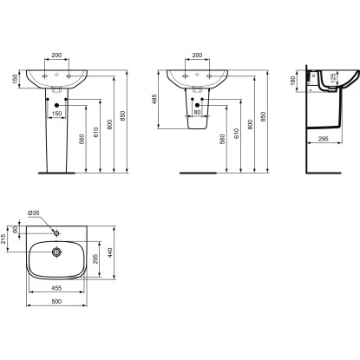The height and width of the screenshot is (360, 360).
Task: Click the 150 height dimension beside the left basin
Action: [15, 79]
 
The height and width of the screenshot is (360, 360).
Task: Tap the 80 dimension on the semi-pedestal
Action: [198, 111]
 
